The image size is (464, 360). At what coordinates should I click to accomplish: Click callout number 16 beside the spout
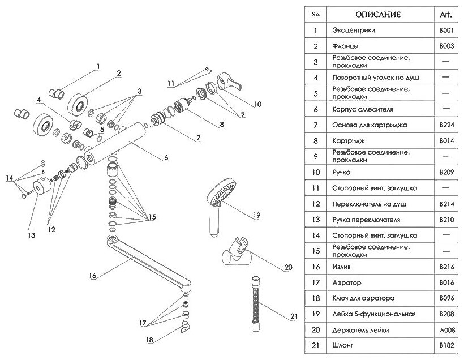[x=93, y=276]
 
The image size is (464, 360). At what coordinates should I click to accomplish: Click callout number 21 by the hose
[x=292, y=316]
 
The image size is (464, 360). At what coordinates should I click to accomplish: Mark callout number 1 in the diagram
[x=98, y=66]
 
